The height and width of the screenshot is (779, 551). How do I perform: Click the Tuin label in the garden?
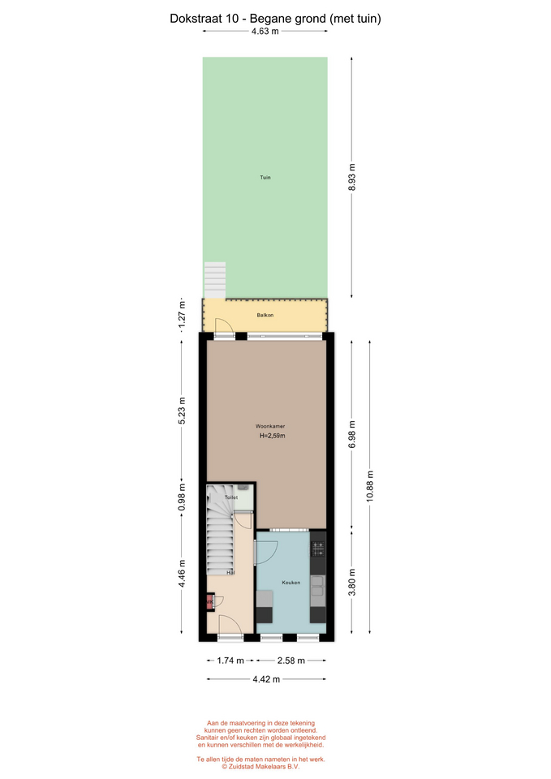click(265, 178)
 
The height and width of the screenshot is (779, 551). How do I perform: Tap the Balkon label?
click(265, 315)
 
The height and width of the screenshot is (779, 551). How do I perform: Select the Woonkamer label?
click(270, 426)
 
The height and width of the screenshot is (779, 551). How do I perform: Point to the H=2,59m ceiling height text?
click(273, 436)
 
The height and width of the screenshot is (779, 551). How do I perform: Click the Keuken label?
click(291, 583)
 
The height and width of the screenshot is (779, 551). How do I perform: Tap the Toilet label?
click(231, 497)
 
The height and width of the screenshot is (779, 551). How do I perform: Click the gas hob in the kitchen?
click(318, 549)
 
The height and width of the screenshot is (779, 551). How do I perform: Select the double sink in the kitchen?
click(317, 586)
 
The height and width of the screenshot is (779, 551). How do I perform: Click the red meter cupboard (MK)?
click(209, 602)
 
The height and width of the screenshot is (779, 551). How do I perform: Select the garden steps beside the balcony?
click(214, 280)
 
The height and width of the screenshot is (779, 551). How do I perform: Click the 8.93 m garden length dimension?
click(351, 178)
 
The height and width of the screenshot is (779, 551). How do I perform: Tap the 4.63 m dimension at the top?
click(265, 31)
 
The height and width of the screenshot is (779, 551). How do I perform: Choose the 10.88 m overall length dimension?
click(370, 487)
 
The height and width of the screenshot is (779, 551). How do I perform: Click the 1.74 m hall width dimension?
click(230, 661)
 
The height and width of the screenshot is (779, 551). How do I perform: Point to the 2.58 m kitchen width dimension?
click(291, 661)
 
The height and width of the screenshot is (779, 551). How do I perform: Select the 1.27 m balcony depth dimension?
click(182, 315)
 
